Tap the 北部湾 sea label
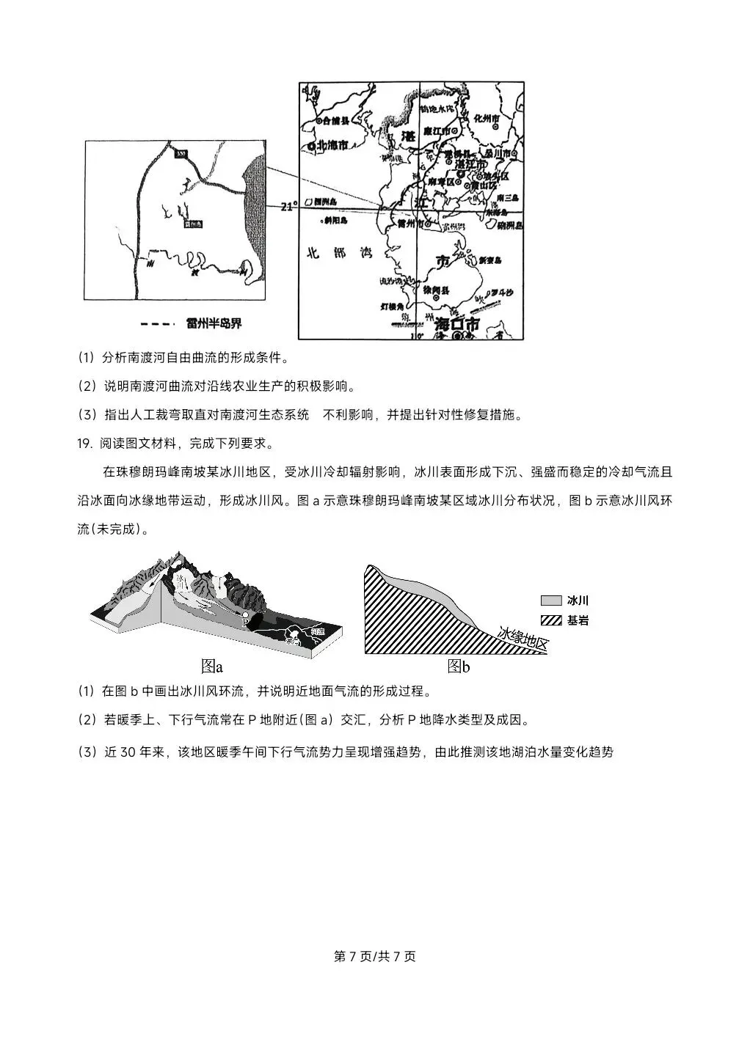click(x=340, y=253)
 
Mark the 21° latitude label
click(x=289, y=207)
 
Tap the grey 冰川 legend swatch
click(x=550, y=600)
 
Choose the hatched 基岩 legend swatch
click(x=550, y=620)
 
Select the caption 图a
click(x=211, y=667)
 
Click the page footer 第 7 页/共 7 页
click(x=374, y=956)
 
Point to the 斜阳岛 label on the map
click(x=334, y=220)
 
